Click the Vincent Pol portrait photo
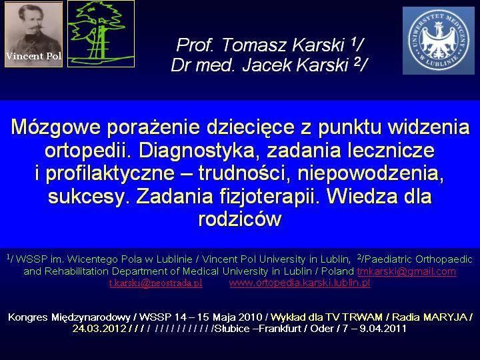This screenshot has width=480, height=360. [34, 34]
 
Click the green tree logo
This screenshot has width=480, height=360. [101, 34]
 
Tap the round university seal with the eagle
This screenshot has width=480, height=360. [439, 41]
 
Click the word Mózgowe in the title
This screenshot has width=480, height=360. [55, 127]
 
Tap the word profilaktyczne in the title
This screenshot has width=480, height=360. [110, 173]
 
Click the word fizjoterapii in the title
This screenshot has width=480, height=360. [267, 196]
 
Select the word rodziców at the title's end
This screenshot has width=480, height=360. [240, 219]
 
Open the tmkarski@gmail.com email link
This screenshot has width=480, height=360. [407, 271]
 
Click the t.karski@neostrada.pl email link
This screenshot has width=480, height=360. [156, 283]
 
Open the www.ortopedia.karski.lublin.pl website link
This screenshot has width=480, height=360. [300, 283]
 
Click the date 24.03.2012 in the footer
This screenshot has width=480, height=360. [99, 329]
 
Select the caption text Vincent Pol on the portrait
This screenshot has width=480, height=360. [34, 56]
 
